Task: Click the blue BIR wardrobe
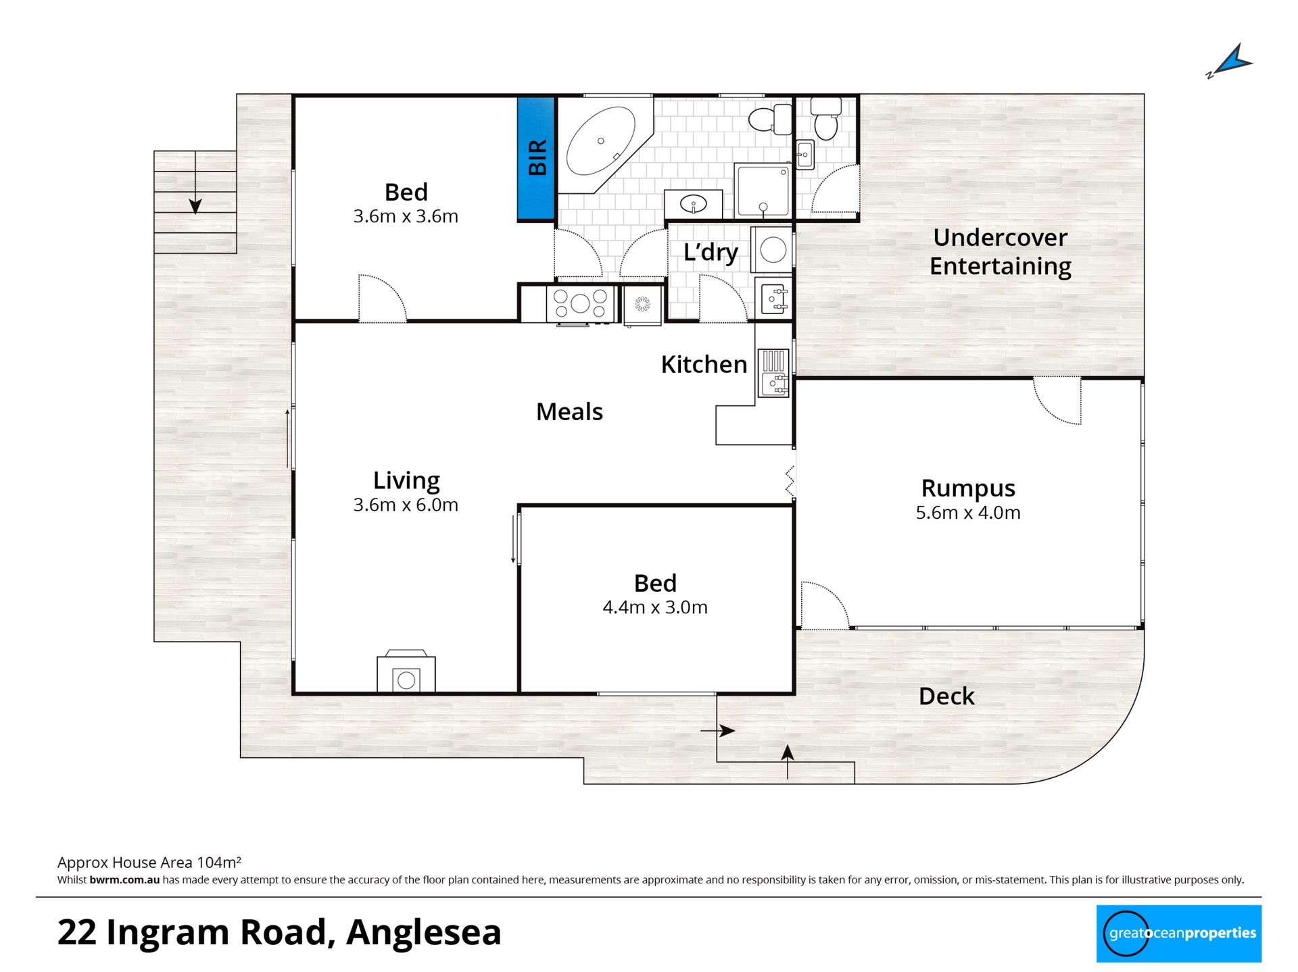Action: pyautogui.click(x=537, y=159)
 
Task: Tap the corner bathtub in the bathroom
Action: pyautogui.click(x=603, y=145)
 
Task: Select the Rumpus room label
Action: pyautogui.click(x=968, y=488)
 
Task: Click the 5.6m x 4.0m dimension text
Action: pyautogui.click(x=968, y=513)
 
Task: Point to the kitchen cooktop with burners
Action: pyautogui.click(x=580, y=303)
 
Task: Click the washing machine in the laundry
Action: pyautogui.click(x=772, y=250)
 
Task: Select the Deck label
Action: pyautogui.click(x=946, y=696)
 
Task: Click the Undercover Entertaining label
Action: pyautogui.click(x=1001, y=252)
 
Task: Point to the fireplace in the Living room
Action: pyautogui.click(x=406, y=671)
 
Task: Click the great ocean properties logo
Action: pyautogui.click(x=1179, y=933)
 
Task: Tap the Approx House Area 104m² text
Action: pyautogui.click(x=149, y=863)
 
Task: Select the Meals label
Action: pyautogui.click(x=569, y=411)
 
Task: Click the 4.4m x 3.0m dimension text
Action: pyautogui.click(x=655, y=607)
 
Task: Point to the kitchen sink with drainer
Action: pyautogui.click(x=773, y=372)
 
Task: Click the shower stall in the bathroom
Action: pyautogui.click(x=763, y=191)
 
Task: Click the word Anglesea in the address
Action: pyautogui.click(x=424, y=933)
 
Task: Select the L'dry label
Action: pyautogui.click(x=711, y=252)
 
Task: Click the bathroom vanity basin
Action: pyautogui.click(x=694, y=203)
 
